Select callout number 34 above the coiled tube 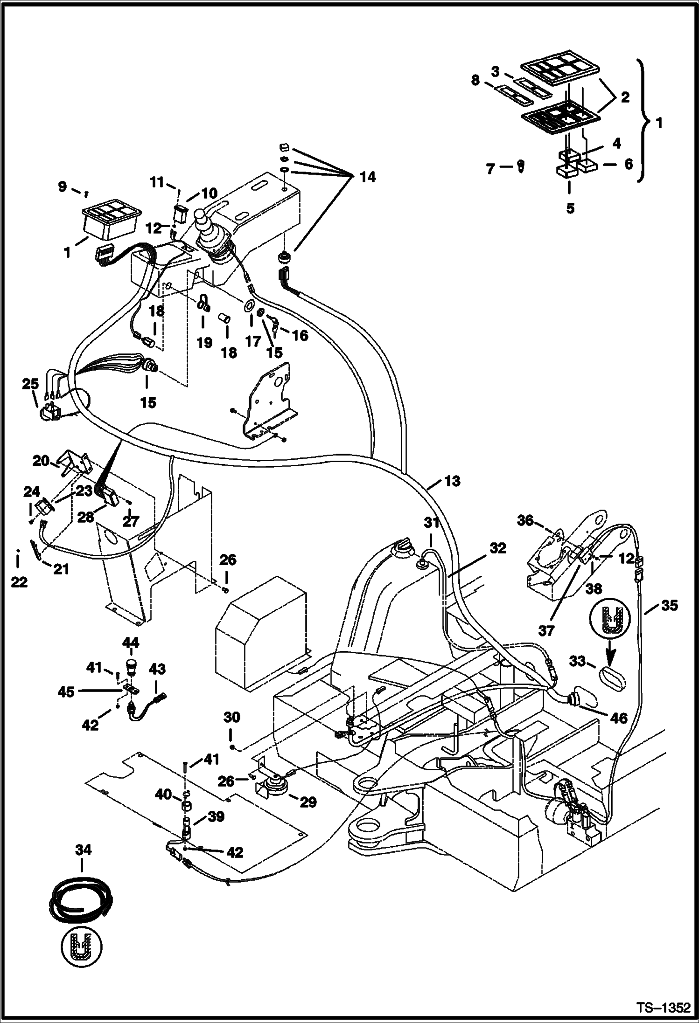(x=83, y=850)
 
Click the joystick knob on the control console (x=202, y=217)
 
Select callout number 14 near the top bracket (x=368, y=177)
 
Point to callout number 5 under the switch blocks (x=570, y=208)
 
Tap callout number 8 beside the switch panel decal (x=475, y=81)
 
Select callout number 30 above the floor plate (x=231, y=717)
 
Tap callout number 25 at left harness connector (x=30, y=385)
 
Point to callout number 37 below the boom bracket (x=546, y=631)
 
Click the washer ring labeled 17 (x=250, y=306)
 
